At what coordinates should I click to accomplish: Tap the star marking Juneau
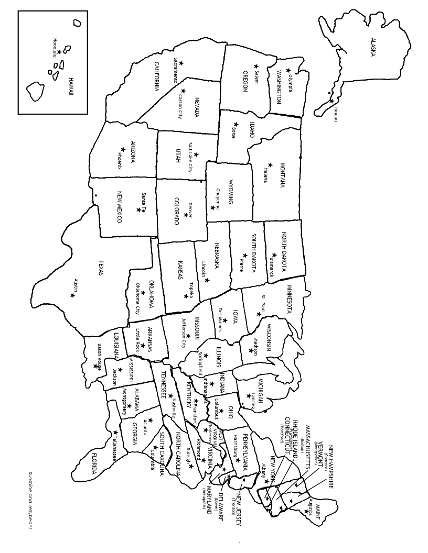[x=331, y=101]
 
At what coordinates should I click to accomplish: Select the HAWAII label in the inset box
[x=71, y=86]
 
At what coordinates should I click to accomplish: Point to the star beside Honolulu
[x=59, y=51]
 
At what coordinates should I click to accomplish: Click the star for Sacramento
[x=181, y=63]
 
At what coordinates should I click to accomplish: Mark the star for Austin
[x=72, y=295]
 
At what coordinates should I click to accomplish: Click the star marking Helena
[x=270, y=164]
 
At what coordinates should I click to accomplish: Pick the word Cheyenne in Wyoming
[x=218, y=199]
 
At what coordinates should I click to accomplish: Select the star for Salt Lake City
[x=196, y=154]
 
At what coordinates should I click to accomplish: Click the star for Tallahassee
[x=115, y=433]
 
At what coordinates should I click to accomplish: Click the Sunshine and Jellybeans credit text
[x=30, y=500]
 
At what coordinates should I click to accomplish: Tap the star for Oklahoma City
[x=143, y=293]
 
